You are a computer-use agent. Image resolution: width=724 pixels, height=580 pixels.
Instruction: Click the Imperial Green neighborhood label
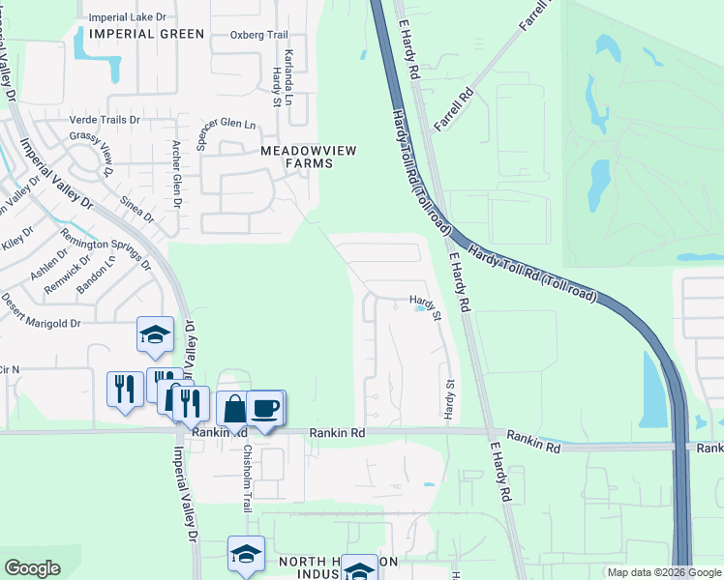tap(146, 34)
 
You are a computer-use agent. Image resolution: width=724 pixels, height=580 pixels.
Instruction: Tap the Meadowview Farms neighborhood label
tap(296, 157)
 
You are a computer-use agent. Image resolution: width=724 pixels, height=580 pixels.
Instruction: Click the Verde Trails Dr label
tap(106, 119)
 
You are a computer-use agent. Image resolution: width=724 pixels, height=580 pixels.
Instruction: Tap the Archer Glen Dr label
tap(176, 175)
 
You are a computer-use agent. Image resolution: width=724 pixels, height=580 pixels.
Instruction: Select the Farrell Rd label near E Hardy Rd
tap(458, 107)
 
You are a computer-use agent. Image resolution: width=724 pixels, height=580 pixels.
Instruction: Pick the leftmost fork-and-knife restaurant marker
tap(125, 389)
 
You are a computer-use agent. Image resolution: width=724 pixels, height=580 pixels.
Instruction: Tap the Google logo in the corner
tap(32, 568)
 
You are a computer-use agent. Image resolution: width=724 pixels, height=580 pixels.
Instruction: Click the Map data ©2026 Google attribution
tap(662, 572)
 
